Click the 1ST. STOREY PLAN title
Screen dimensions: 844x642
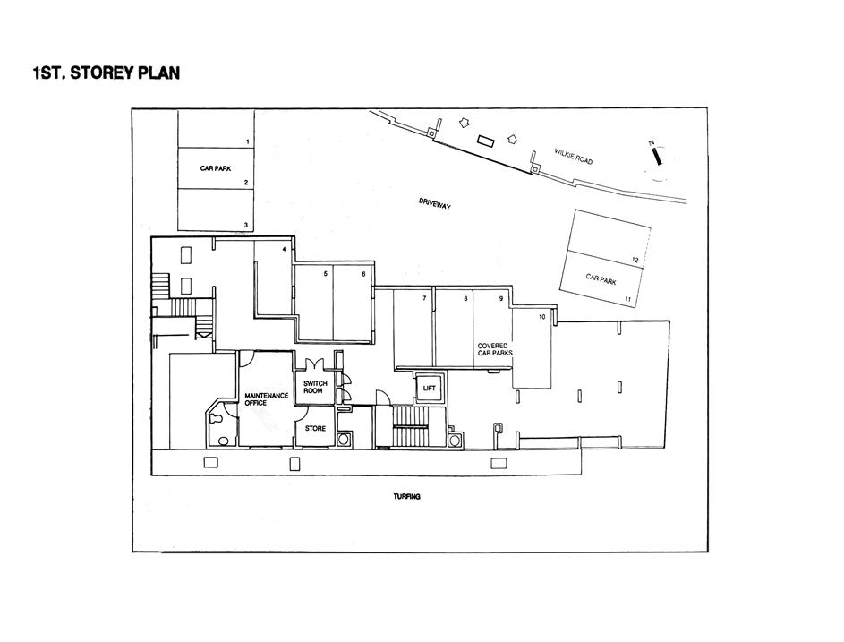click(106, 73)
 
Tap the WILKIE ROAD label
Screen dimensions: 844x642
click(573, 157)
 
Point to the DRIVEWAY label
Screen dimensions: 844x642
click(435, 203)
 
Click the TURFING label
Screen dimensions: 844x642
click(407, 497)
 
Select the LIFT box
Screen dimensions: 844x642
click(429, 389)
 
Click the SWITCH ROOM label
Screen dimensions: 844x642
click(315, 387)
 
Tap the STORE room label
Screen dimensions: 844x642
click(315, 428)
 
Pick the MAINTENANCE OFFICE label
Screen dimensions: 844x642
click(266, 399)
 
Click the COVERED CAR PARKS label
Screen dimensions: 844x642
click(495, 349)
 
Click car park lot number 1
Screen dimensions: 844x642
click(248, 141)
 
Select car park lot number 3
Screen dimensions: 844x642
click(246, 225)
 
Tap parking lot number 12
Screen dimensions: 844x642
click(635, 261)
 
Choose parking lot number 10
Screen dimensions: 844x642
click(541, 317)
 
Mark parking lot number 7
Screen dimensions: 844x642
click(424, 298)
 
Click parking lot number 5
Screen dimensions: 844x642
click(325, 274)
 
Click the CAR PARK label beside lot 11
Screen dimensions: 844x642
click(601, 279)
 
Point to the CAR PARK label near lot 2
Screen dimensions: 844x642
click(216, 168)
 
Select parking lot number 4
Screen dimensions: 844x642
click(285, 249)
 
